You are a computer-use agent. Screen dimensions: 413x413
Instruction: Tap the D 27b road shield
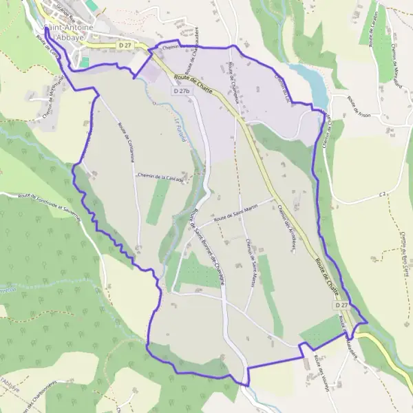[182, 91]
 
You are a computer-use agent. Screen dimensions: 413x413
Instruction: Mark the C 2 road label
[382, 195]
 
